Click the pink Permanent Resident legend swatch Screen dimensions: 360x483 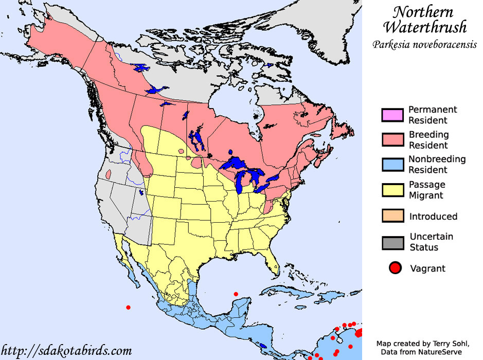click(x=393, y=115)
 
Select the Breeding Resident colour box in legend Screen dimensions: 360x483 click(x=393, y=140)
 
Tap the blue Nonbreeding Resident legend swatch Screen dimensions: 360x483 click(x=393, y=165)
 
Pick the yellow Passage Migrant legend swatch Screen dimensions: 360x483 click(x=393, y=190)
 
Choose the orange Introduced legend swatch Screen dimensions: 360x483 click(x=393, y=216)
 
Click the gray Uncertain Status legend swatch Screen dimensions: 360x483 click(x=393, y=242)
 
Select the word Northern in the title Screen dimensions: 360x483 click(x=423, y=11)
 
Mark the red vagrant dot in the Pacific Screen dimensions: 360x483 click(x=128, y=308)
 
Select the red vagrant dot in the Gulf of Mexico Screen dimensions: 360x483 click(x=236, y=294)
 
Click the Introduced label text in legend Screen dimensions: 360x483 click(x=433, y=217)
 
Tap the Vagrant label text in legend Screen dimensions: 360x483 click(x=427, y=268)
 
